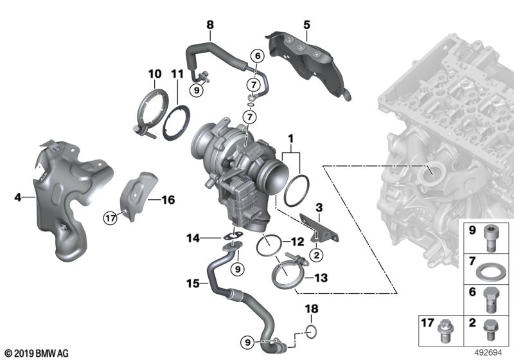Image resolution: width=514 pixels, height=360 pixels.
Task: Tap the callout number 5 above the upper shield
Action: click(306, 25)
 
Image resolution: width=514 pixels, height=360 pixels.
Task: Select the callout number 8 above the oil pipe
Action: click(209, 25)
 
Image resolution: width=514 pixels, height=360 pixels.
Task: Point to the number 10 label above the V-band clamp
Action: click(155, 75)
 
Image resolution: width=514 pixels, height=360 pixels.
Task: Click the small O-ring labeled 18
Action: click(310, 331)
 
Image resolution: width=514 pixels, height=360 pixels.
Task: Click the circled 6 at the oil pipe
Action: click(256, 57)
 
